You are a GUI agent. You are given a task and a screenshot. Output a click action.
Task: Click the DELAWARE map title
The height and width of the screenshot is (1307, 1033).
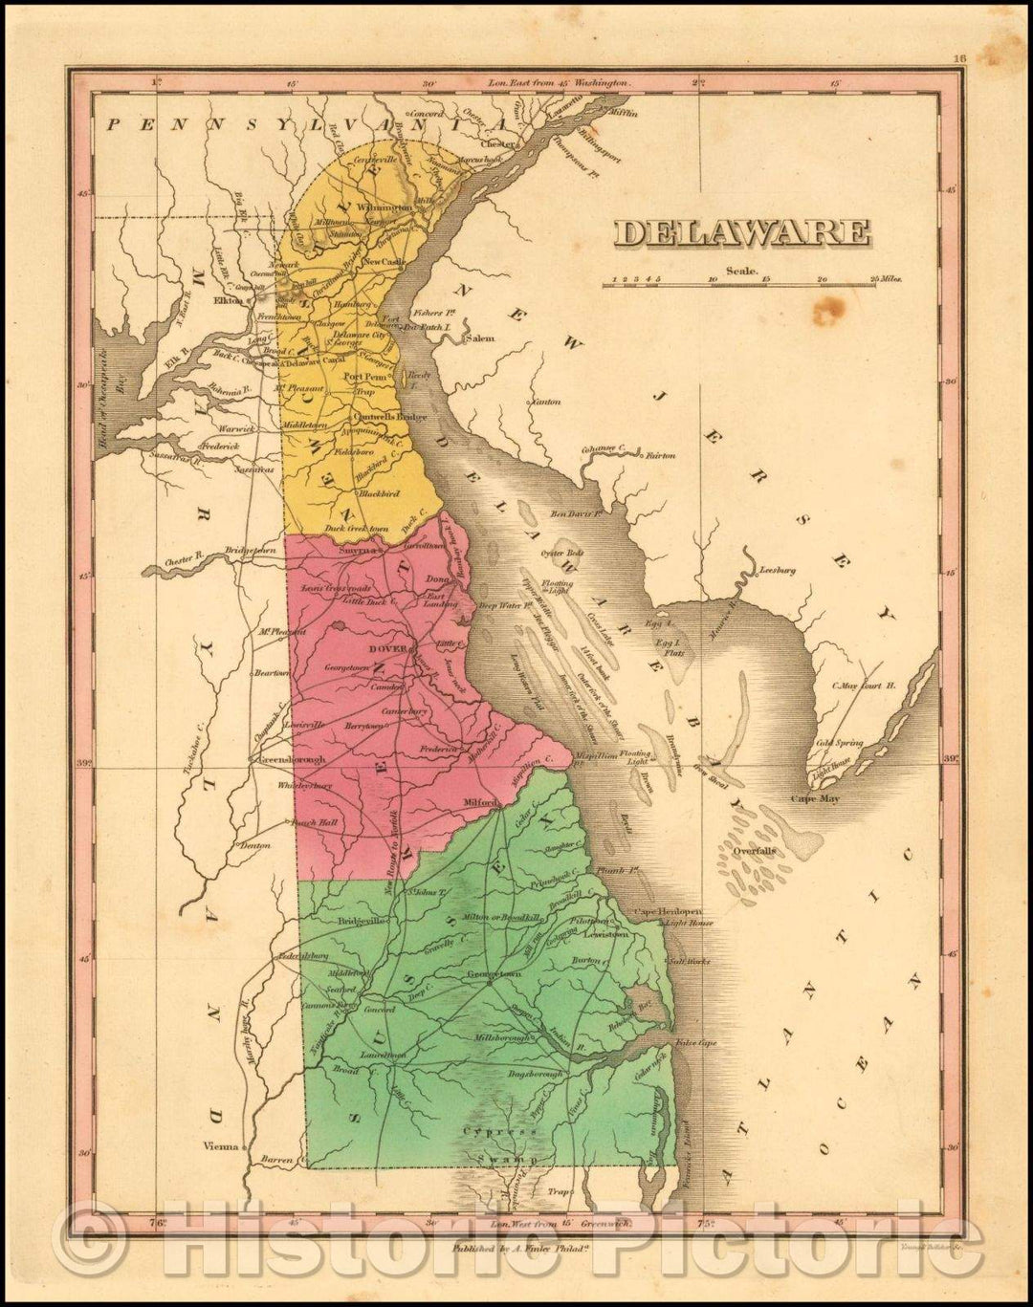coord(741,232)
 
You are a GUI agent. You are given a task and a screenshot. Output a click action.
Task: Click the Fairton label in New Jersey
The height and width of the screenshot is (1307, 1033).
coord(660,456)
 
